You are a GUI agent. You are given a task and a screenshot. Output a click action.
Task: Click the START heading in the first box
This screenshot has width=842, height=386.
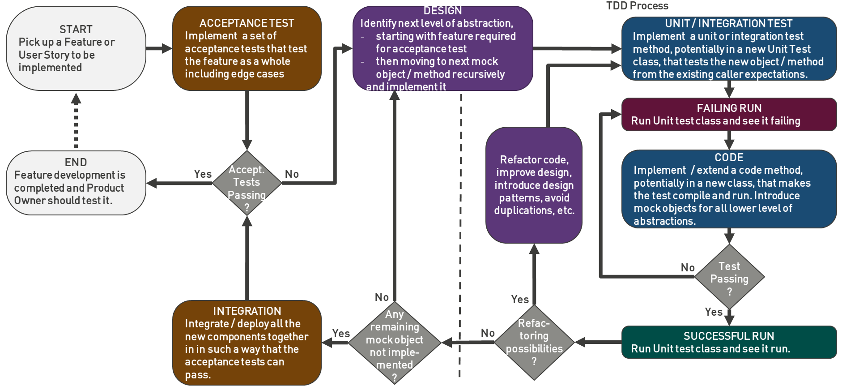(x=76, y=30)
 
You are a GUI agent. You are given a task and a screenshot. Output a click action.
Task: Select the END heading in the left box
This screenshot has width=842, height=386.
(x=76, y=162)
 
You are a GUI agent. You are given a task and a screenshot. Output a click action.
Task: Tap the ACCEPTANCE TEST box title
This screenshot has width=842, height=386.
(x=247, y=23)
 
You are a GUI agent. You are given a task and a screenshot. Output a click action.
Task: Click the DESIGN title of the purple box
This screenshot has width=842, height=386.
(x=442, y=11)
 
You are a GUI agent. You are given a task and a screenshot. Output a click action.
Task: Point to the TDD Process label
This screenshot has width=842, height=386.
(x=637, y=6)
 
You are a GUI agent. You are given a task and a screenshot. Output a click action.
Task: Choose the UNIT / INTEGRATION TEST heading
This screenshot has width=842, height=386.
(x=728, y=24)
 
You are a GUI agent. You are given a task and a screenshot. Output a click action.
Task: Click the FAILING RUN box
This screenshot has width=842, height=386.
(x=729, y=115)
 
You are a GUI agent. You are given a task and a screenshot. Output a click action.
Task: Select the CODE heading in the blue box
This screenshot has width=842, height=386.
(x=729, y=158)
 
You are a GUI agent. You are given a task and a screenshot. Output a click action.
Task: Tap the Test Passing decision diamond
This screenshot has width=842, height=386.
(x=729, y=278)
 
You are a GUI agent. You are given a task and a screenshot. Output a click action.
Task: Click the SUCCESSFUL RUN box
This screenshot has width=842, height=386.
(x=729, y=342)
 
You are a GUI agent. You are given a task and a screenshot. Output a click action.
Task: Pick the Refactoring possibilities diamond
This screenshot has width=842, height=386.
(x=534, y=342)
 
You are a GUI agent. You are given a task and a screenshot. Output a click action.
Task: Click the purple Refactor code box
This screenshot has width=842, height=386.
(x=534, y=185)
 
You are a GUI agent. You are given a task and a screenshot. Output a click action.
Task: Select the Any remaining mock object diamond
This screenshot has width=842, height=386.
(x=394, y=343)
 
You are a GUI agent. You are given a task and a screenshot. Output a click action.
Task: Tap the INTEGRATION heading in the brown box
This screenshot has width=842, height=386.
(x=247, y=311)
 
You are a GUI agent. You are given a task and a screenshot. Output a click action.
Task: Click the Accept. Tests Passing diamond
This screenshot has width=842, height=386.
(x=247, y=183)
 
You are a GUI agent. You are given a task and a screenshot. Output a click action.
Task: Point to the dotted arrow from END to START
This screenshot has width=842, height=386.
(x=76, y=121)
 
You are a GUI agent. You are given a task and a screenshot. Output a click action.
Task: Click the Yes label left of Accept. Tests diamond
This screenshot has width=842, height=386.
(x=203, y=174)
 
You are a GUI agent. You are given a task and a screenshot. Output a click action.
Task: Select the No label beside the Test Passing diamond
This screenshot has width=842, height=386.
(x=688, y=268)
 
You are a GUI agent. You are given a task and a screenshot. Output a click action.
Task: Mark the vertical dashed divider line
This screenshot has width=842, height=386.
(x=460, y=233)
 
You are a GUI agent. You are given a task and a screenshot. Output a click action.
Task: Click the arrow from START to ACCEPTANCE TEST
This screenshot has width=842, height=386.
(x=159, y=48)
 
